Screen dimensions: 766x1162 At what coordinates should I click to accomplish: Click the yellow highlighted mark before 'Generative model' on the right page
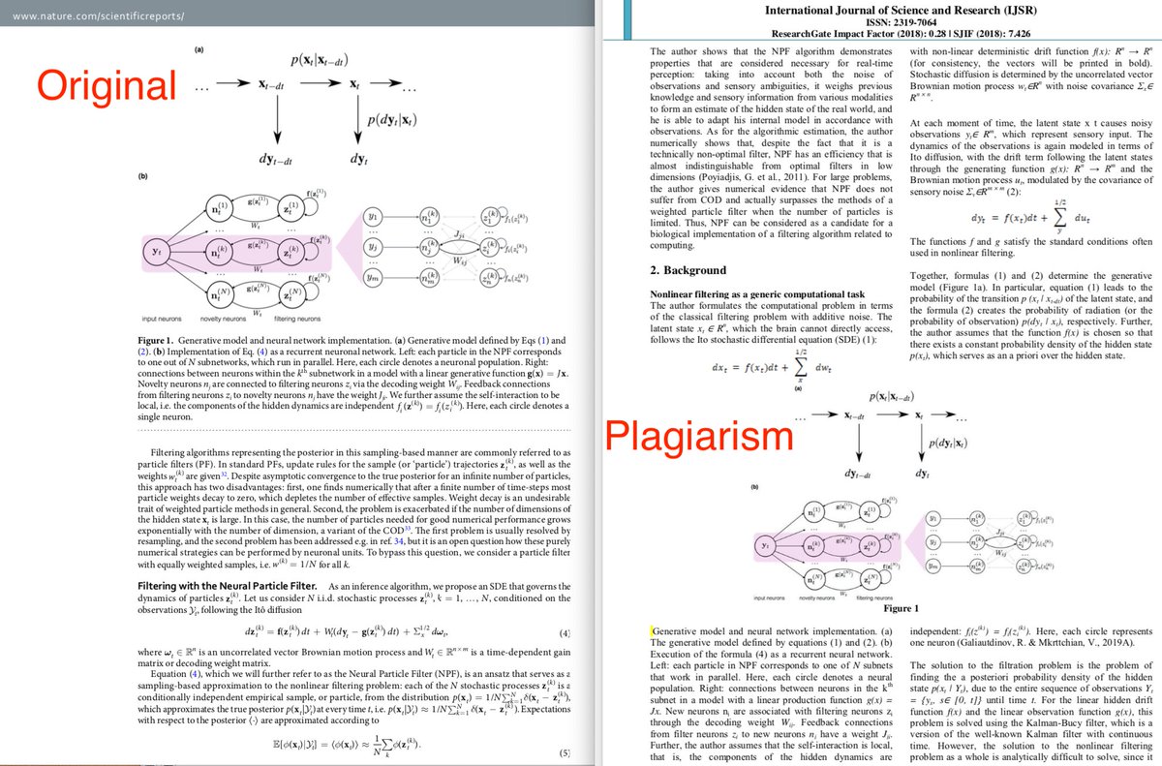point(654,630)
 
